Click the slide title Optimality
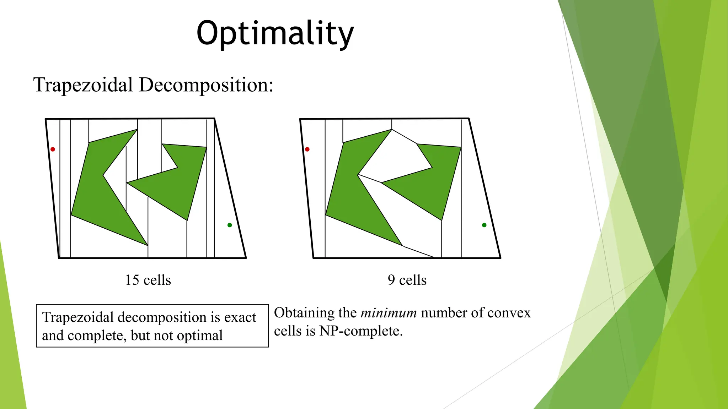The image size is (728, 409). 275,33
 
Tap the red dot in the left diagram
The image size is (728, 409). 53,149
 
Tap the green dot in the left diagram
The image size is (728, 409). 230,225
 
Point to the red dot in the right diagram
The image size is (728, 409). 307,149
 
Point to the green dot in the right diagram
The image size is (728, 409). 484,225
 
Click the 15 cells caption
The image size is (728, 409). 148,280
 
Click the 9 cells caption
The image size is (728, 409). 407,280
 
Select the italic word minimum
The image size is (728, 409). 389,313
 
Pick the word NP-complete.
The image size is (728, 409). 361,331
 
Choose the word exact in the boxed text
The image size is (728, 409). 240,317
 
